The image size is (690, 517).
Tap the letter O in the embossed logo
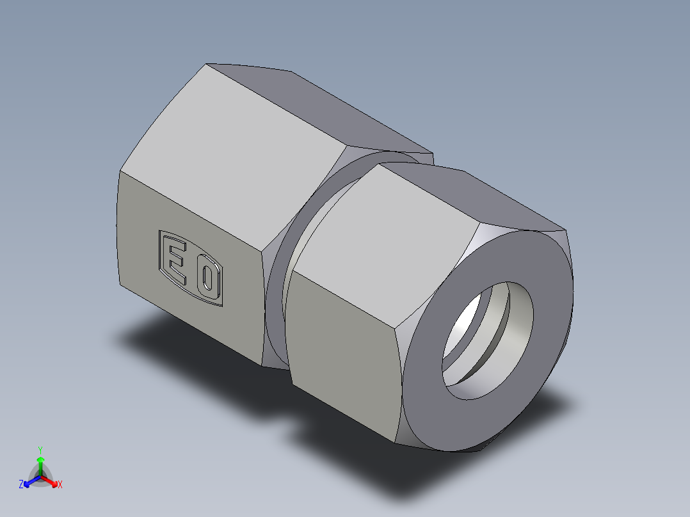[x=207, y=278]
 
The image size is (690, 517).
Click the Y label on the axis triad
[x=40, y=450]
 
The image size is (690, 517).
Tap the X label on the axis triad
[x=60, y=485]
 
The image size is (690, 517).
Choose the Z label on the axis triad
[x=21, y=485]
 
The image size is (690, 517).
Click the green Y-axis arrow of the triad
[x=40, y=463]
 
